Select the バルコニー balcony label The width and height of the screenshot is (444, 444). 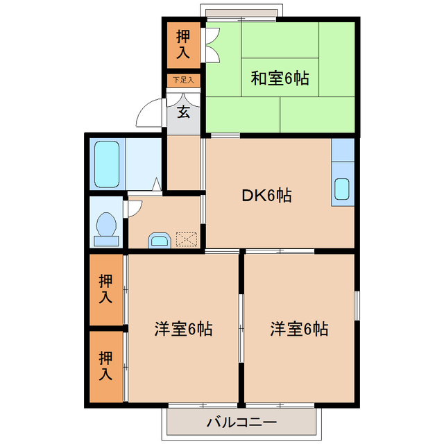click(241, 422)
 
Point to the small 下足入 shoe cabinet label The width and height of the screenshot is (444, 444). click(183, 80)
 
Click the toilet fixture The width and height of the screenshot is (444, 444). click(106, 228)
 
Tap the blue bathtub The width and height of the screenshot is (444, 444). click(108, 164)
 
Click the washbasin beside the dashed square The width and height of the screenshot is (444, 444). click(159, 241)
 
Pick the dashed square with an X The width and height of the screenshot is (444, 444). click(187, 239)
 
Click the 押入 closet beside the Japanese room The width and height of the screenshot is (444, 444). click(183, 44)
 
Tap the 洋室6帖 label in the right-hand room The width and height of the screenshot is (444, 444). click(300, 328)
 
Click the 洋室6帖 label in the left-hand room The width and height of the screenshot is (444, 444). click(183, 328)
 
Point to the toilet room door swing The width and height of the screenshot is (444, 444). click(134, 208)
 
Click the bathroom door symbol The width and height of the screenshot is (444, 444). click(156, 185)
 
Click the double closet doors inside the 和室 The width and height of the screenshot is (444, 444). click(212, 44)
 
